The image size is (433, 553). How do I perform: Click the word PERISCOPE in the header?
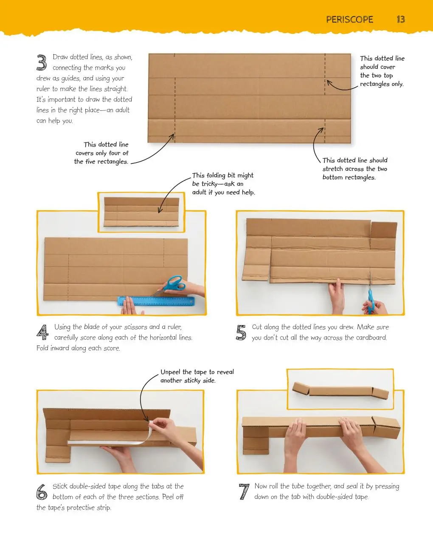(349, 20)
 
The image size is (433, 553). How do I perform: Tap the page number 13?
(401, 20)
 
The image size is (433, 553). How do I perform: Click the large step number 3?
(42, 62)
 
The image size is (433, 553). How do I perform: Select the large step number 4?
(42, 332)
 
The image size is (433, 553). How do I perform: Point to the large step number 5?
(241, 332)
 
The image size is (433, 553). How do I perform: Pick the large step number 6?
(42, 492)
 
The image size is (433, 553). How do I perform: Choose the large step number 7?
(245, 491)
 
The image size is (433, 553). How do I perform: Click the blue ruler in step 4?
(156, 301)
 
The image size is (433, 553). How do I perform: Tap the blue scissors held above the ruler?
(171, 285)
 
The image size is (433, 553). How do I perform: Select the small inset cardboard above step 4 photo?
(141, 212)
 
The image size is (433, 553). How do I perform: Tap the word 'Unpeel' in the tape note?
(171, 372)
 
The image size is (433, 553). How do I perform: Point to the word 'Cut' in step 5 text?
(257, 327)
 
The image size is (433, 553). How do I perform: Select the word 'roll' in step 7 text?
(273, 486)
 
